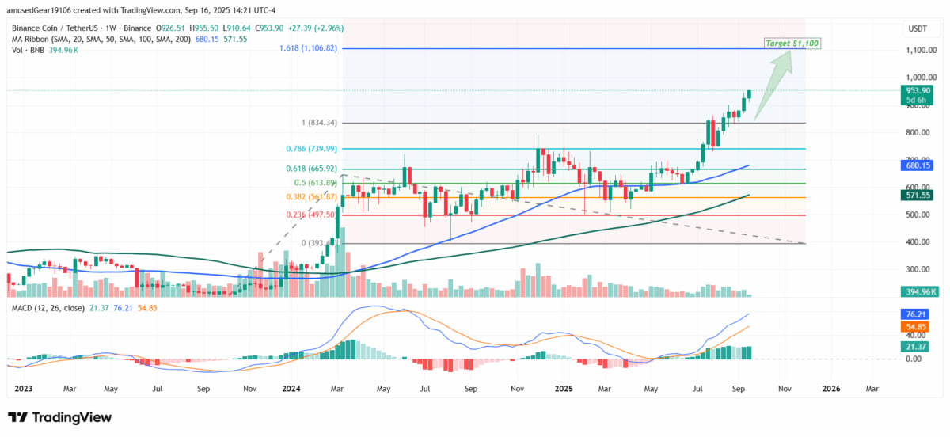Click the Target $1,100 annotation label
click(791, 42)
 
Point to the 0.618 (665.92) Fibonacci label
click(306, 169)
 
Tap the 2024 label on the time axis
click(291, 389)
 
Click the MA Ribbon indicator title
click(79, 38)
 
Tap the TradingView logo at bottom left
click(60, 417)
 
